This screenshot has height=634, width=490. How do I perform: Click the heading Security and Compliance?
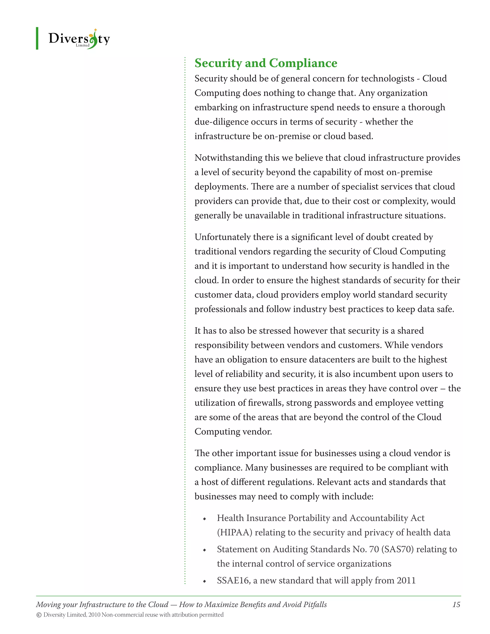point(266,63)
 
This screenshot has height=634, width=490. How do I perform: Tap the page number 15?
point(456,604)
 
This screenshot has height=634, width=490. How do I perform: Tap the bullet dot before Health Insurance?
point(204,519)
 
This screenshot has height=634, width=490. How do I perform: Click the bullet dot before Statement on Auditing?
point(204,550)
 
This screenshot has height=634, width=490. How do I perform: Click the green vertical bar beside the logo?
point(37,38)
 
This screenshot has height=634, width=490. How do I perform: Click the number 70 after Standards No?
point(374,549)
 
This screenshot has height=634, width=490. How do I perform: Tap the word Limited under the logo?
point(83,45)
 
